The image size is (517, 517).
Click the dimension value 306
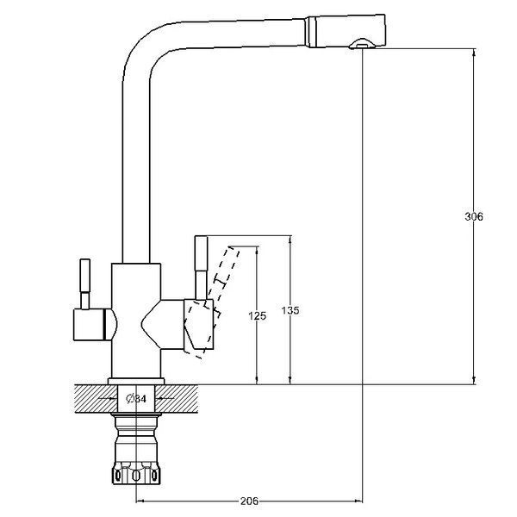pos(473,216)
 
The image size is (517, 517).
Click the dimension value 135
pos(290,310)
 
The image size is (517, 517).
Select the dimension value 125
pos(257,316)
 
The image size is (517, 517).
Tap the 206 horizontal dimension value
pos(250,501)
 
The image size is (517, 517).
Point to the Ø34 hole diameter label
pos(136,399)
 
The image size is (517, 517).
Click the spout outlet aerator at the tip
pos(362,44)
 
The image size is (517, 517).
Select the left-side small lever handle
pos(85,284)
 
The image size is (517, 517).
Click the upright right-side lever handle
pos(201,268)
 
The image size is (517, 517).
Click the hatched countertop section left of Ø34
pos(96,399)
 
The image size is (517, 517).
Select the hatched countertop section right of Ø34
pos(177,399)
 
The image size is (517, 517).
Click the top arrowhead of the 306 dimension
pos(474,53)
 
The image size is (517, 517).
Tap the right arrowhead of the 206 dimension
pos(358,501)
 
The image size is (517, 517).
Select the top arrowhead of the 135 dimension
pos(290,240)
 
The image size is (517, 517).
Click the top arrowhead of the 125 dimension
pos(257,250)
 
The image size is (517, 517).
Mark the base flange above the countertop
pos(136,381)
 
